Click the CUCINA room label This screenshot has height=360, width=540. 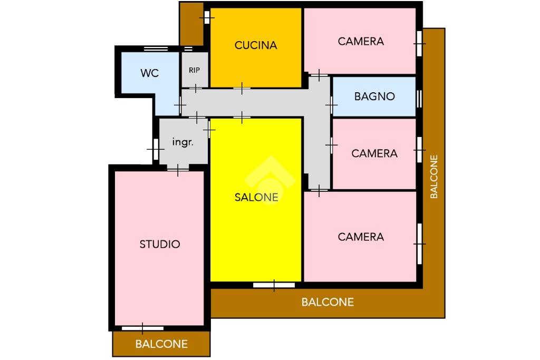coord(256,45)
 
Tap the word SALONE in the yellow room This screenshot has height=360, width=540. coord(256,197)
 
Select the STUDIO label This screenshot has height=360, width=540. coord(160,245)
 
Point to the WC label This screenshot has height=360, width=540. coord(149,73)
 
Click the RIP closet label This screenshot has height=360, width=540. coord(194,70)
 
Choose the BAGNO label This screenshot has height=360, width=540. coord(374,96)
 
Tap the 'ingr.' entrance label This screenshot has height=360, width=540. coord(183,142)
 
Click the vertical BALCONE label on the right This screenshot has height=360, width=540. coord(434,177)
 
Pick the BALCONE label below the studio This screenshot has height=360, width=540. coord(161,344)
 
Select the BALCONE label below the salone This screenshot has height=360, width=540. coord(327,302)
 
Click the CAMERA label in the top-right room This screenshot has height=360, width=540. coord(361,41)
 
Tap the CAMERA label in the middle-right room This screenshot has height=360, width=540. coord(374,153)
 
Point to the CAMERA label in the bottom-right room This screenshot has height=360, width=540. coord(361,237)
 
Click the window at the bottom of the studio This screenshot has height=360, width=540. coord(142,328)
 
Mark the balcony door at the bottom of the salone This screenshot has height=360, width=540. coord(274,285)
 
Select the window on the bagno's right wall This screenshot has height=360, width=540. coord(419,99)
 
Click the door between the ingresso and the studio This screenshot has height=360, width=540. coord(178,169)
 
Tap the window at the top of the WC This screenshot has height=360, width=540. coord(156,49)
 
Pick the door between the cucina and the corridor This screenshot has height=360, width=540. coord(242,89)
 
